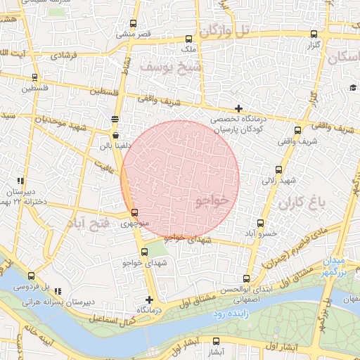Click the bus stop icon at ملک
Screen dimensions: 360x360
click(188, 39)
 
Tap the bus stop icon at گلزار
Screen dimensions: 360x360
click(312, 34)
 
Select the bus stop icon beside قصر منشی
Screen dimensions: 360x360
click(157, 24)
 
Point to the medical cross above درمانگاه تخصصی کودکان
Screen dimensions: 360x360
click(239, 108)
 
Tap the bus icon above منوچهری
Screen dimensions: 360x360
click(134, 212)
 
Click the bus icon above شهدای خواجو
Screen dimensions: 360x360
click(144, 252)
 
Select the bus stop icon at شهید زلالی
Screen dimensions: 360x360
click(278, 169)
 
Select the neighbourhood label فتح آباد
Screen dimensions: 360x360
click(89, 224)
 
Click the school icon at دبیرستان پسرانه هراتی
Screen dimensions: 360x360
click(58, 290)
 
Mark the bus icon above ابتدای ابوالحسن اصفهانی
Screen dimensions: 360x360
click(246, 278)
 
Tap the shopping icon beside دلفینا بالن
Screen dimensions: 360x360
click(115, 134)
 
